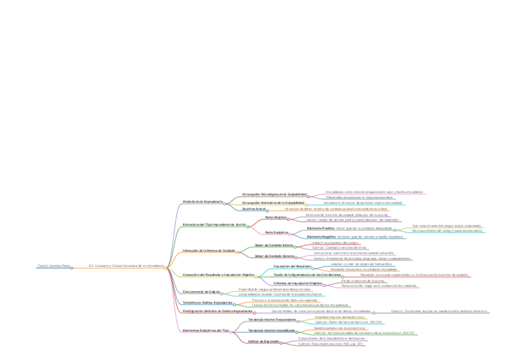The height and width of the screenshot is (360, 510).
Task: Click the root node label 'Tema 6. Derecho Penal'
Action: [54, 265]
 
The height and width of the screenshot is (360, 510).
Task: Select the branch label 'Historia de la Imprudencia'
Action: [203, 201]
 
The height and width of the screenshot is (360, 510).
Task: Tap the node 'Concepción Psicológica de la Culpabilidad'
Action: [274, 194]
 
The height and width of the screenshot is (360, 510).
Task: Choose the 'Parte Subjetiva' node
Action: [277, 232]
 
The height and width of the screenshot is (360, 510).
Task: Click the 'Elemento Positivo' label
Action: [321, 228]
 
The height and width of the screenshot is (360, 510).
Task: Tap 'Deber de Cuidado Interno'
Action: [274, 245]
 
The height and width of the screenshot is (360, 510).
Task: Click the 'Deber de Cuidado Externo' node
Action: [274, 256]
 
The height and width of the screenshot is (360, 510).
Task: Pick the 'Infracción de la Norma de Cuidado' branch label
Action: [209, 250]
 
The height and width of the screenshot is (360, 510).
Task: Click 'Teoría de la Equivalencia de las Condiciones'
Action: [306, 275]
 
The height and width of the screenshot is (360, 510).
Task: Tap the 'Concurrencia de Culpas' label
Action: [201, 291]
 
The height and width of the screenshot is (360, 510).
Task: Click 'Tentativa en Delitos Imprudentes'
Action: [207, 302]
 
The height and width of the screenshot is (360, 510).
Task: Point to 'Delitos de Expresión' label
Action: [263, 341]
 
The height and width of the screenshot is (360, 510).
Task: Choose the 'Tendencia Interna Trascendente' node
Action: [272, 320]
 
